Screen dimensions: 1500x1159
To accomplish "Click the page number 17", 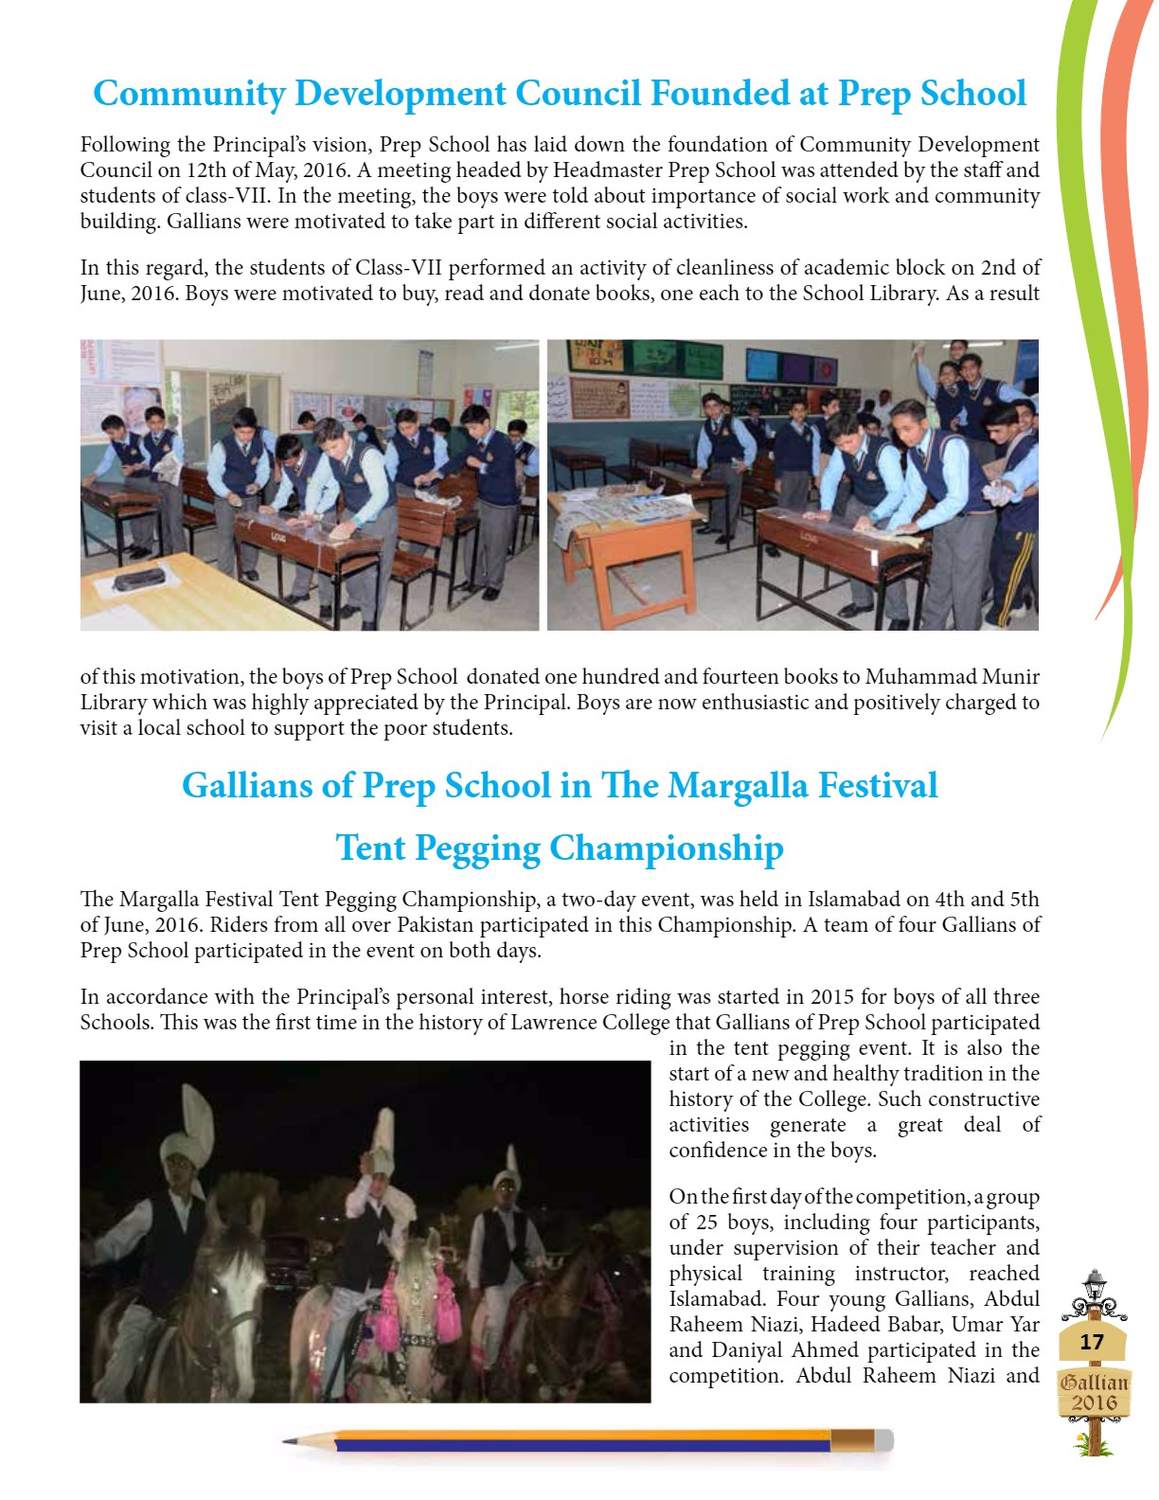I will [x=1092, y=1342].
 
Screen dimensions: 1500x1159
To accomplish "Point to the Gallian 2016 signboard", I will [x=1094, y=1393].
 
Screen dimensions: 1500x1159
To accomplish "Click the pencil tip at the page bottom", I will [x=288, y=1441].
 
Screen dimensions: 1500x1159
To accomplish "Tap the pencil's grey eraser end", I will [x=883, y=1440].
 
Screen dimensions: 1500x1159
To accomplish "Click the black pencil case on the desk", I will [x=138, y=579].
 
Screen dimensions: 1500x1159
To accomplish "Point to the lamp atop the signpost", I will [x=1095, y=1284].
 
